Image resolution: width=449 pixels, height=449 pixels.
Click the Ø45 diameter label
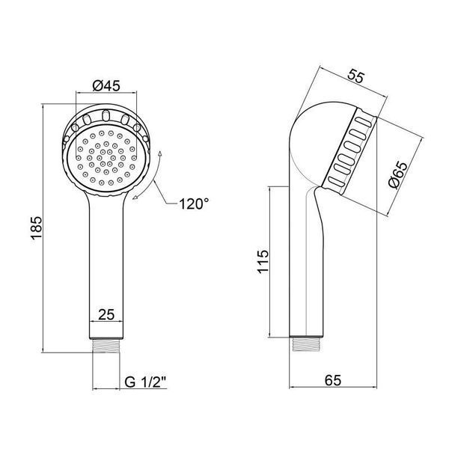click(x=106, y=85)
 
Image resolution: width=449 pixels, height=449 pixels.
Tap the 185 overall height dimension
click(x=37, y=228)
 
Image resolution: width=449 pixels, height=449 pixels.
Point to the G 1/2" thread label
click(x=145, y=382)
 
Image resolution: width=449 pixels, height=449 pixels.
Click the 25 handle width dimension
click(x=106, y=315)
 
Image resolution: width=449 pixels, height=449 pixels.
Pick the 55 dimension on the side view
click(x=356, y=76)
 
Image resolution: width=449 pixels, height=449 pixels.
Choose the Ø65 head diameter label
click(x=398, y=175)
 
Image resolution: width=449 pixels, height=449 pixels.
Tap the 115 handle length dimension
click(x=263, y=262)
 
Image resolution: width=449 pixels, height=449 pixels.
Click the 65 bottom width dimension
click(x=333, y=380)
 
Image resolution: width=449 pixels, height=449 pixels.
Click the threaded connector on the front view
click(x=106, y=346)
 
